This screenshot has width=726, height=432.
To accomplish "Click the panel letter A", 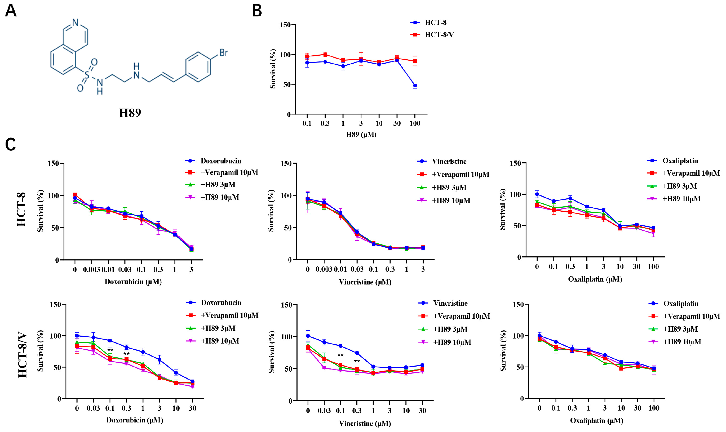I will coord(11,11).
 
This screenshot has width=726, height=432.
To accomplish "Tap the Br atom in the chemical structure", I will coord(223,53).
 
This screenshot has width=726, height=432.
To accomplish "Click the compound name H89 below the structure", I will coord(130,113).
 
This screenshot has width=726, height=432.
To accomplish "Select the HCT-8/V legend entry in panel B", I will coord(439,35).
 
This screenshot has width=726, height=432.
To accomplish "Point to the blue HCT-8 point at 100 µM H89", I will coord(415,86).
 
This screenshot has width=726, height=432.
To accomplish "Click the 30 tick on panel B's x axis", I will coord(397,123).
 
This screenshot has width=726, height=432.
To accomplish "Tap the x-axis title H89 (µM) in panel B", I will coord(361,135).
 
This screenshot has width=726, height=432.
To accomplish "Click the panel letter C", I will coord(11,145).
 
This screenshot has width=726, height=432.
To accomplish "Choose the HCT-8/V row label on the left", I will coord(23,355).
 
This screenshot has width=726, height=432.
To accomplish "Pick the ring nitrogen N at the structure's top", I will coord(76,23).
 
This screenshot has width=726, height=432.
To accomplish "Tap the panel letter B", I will coord(257,11).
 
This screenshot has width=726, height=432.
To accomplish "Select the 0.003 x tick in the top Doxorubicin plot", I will coord(91,270).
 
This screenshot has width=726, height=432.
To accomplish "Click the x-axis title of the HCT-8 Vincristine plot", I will coord(365,282).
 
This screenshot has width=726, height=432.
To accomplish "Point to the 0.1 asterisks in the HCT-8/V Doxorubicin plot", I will coord(110,350).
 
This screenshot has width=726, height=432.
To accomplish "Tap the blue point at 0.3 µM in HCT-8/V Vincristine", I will coord(357,353).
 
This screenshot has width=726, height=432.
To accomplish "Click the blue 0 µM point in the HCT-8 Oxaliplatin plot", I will coord(537,194).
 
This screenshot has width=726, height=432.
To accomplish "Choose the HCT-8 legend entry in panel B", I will coord(435,23).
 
